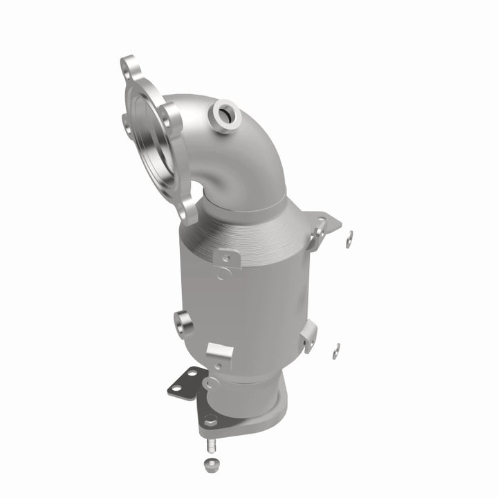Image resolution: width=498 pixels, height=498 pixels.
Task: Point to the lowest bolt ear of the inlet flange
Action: click(x=187, y=210)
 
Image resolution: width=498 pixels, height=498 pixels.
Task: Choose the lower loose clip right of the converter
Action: click(x=335, y=351)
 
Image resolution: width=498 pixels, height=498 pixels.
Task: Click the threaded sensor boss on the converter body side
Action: click(x=183, y=320)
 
